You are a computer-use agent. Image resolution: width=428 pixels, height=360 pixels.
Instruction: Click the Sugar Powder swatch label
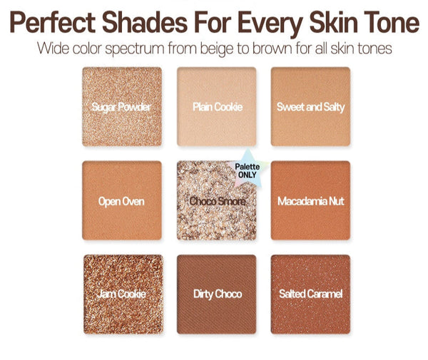click(122, 107)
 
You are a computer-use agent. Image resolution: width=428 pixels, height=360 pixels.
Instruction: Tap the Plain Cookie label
click(217, 107)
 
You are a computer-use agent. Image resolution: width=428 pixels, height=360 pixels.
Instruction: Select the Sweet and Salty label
click(310, 107)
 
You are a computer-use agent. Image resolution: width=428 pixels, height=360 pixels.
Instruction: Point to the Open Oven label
click(121, 201)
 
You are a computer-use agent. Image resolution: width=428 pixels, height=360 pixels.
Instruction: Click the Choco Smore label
click(217, 202)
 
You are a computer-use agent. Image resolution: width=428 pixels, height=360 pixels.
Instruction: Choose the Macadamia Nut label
click(310, 201)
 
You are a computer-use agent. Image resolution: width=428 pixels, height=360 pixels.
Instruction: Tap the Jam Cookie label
click(122, 294)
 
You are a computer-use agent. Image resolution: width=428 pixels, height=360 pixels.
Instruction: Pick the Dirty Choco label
click(217, 294)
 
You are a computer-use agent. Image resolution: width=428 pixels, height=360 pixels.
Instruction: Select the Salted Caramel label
click(310, 294)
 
